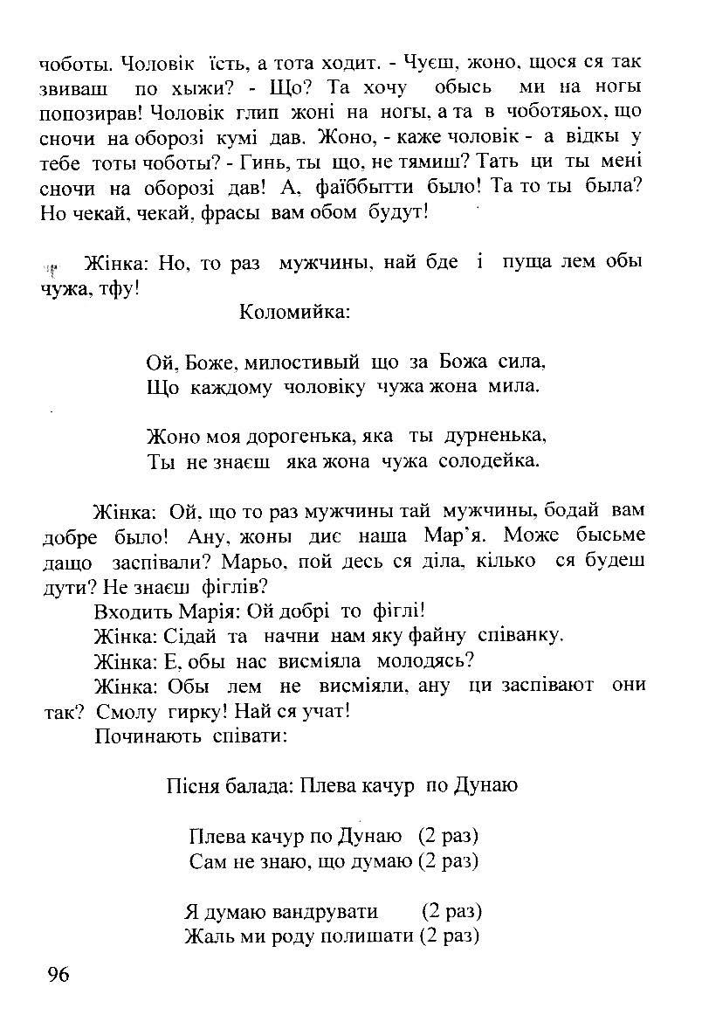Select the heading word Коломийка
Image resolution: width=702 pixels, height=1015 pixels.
(x=294, y=312)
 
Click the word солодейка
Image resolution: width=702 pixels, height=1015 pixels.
(x=490, y=461)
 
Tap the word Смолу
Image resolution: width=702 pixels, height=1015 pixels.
(x=123, y=711)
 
